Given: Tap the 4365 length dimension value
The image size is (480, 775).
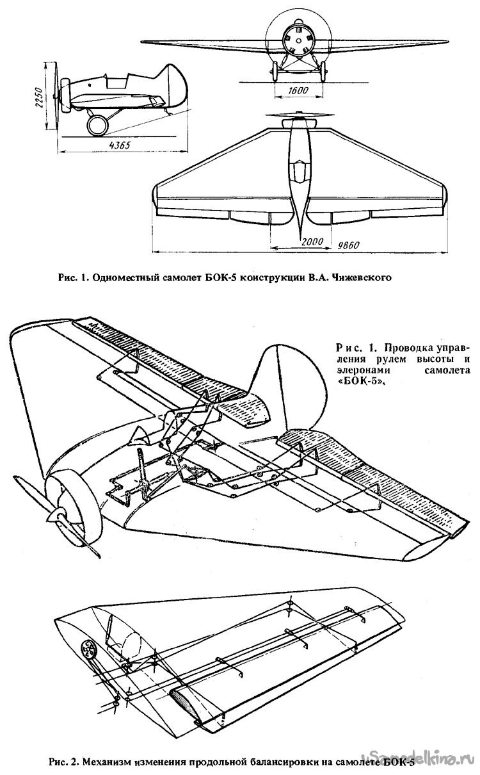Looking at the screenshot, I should [119, 145].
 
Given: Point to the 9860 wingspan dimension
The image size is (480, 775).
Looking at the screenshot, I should [350, 246].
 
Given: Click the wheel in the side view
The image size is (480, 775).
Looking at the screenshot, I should [98, 125].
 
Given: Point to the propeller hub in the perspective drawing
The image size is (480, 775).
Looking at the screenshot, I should [60, 514].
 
